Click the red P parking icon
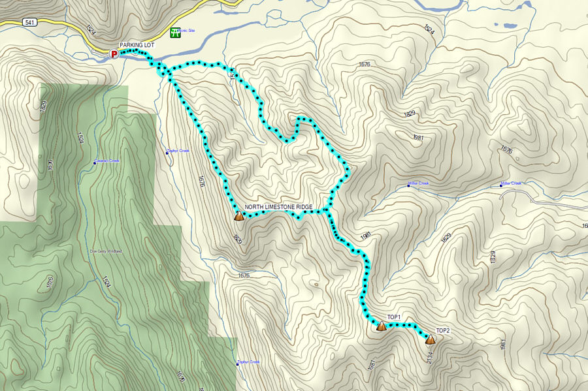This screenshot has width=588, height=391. pyautogui.click(x=114, y=54)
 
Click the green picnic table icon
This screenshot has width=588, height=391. pyautogui.click(x=174, y=33)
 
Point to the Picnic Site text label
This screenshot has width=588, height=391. pyautogui.click(x=187, y=31)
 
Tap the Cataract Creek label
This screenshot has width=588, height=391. pyautogui.click(x=108, y=161)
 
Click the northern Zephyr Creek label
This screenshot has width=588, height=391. pyautogui.click(x=178, y=151)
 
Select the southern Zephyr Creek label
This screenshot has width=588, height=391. pyautogui.click(x=249, y=362)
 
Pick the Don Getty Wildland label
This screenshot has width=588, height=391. pyautogui.click(x=106, y=251)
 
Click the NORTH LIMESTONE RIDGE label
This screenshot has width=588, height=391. pyautogui.click(x=278, y=207)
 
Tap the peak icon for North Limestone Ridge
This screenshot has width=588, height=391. pyautogui.click(x=239, y=217)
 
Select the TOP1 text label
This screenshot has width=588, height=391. pyautogui.click(x=393, y=317)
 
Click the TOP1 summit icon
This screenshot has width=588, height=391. pyautogui.click(x=381, y=326)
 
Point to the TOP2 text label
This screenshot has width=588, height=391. pyautogui.click(x=443, y=330)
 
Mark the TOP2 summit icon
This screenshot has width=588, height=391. pyautogui.click(x=430, y=339)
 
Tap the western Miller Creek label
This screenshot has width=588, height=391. pyautogui.click(x=419, y=183)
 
